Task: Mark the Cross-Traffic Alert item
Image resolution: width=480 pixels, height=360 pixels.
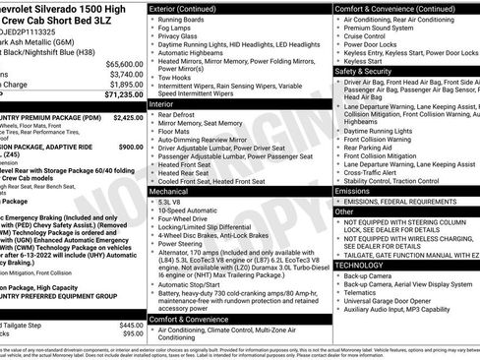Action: (375, 172)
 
